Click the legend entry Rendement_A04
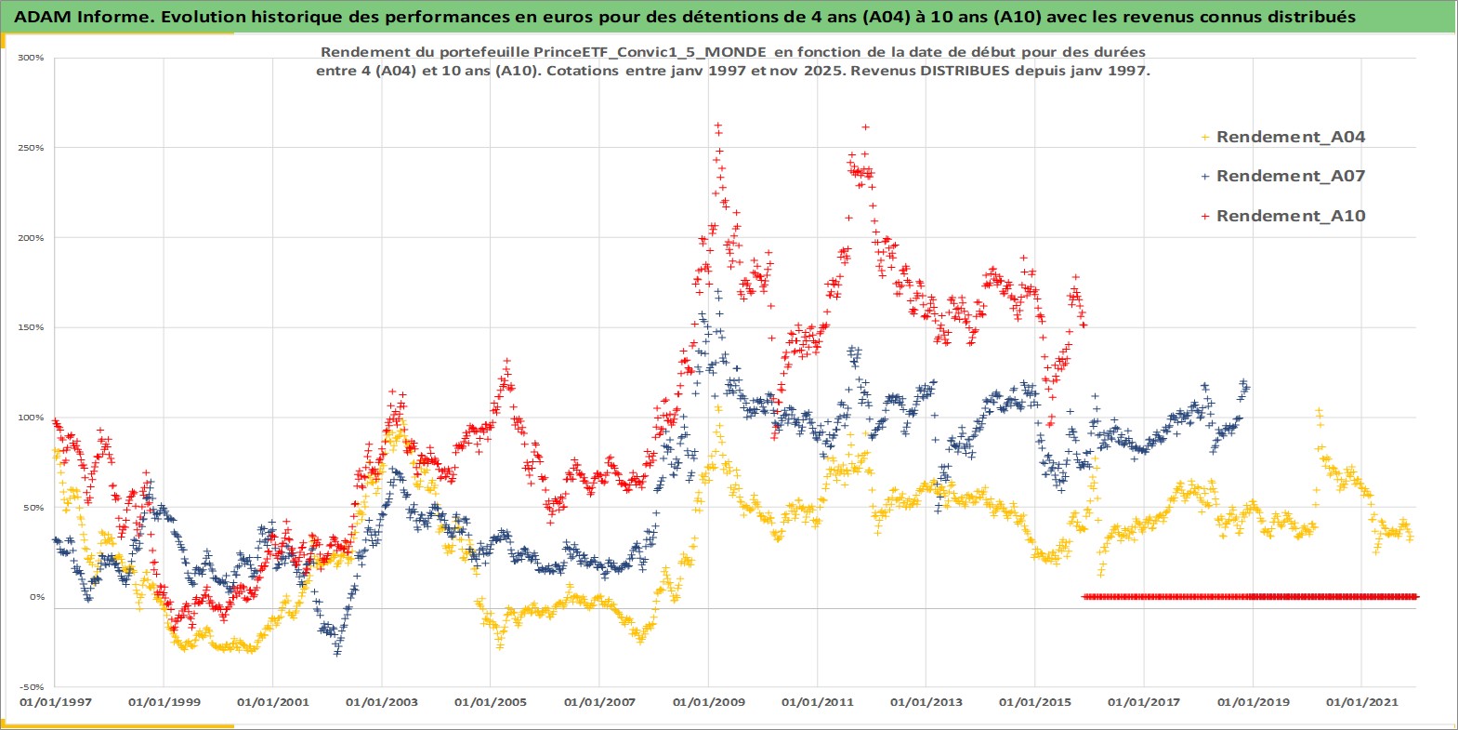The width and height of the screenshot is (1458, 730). (1290, 137)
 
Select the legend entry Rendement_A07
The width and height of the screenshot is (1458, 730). (1290, 176)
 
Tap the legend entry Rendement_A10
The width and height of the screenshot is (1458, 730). (1290, 216)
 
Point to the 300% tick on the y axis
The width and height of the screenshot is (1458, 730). (31, 58)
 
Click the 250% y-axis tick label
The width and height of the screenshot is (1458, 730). (31, 148)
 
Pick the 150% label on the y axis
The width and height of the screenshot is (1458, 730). (31, 327)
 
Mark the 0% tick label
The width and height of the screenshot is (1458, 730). (35, 597)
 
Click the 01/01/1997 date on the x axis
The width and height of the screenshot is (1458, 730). (55, 702)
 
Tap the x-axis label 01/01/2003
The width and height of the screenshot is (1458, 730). (381, 702)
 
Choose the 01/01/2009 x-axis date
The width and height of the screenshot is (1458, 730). (708, 702)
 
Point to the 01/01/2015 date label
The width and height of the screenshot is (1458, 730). (1034, 702)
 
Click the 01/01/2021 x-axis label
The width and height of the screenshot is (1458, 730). (1360, 702)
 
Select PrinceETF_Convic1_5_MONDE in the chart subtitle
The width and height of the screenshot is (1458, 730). (650, 52)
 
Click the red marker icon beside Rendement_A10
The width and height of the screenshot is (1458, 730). (1205, 216)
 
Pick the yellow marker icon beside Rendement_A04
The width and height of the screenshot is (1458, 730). (1205, 137)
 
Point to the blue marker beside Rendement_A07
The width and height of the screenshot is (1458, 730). (1205, 176)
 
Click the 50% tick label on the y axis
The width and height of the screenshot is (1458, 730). (33, 508)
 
